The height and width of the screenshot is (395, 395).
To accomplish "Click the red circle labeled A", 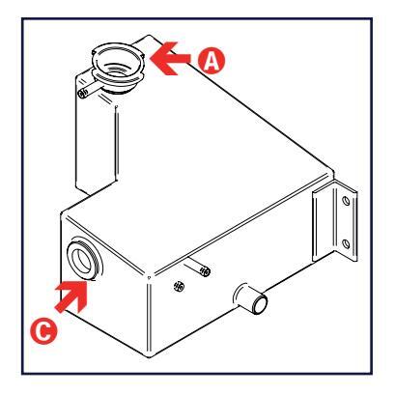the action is click(x=212, y=60).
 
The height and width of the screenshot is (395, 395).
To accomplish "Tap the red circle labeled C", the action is click(x=43, y=330).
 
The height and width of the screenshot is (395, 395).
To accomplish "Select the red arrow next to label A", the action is click(x=171, y=59).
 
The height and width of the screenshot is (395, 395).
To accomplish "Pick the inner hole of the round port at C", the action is click(x=81, y=260).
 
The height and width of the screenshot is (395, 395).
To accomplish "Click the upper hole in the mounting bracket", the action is click(x=346, y=201).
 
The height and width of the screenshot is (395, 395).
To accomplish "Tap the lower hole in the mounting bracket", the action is click(x=346, y=244).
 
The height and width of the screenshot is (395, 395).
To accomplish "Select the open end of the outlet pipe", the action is click(x=260, y=305).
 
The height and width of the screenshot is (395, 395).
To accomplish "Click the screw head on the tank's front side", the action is click(x=179, y=286).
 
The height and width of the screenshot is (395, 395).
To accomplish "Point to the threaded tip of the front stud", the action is click(x=205, y=271).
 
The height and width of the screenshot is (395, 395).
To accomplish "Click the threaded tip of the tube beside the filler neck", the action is click(x=83, y=94).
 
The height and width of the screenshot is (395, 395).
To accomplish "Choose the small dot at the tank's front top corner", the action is click(x=149, y=276).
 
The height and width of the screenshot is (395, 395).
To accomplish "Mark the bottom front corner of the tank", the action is click(x=150, y=356).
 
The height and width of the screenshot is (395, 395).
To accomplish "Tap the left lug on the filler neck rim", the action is click(x=95, y=52).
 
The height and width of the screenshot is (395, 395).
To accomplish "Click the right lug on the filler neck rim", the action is click(x=142, y=56).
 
